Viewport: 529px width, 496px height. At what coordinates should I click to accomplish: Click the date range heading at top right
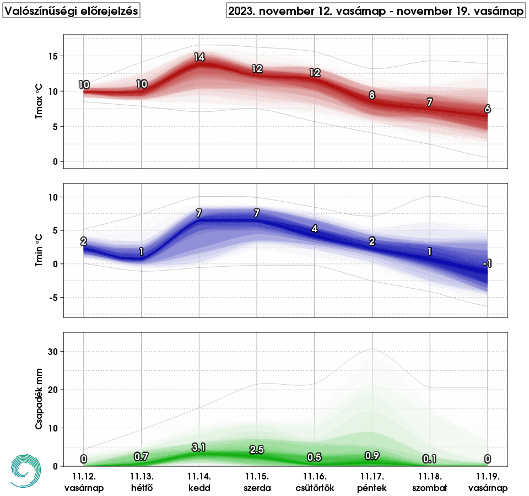376,10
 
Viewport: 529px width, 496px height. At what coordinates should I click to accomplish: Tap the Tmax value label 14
199,57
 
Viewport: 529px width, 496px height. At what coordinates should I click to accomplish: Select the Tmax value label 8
372,95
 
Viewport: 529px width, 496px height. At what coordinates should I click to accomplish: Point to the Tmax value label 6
487,109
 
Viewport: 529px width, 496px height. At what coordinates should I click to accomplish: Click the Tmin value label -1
487,265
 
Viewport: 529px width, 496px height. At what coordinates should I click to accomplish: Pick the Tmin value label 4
314,229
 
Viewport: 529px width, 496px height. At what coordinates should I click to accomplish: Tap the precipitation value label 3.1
199,448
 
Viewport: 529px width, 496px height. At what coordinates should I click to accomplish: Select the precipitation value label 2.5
257,449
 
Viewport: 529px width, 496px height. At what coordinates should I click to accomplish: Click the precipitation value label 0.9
372,456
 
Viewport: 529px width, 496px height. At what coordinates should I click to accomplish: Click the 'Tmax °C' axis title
38,102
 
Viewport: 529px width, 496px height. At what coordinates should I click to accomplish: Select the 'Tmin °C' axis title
38,250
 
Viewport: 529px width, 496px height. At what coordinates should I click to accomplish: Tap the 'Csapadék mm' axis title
38,399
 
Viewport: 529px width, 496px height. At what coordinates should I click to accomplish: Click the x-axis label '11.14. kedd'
199,482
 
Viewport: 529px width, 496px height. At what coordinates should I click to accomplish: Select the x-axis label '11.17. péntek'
372,482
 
